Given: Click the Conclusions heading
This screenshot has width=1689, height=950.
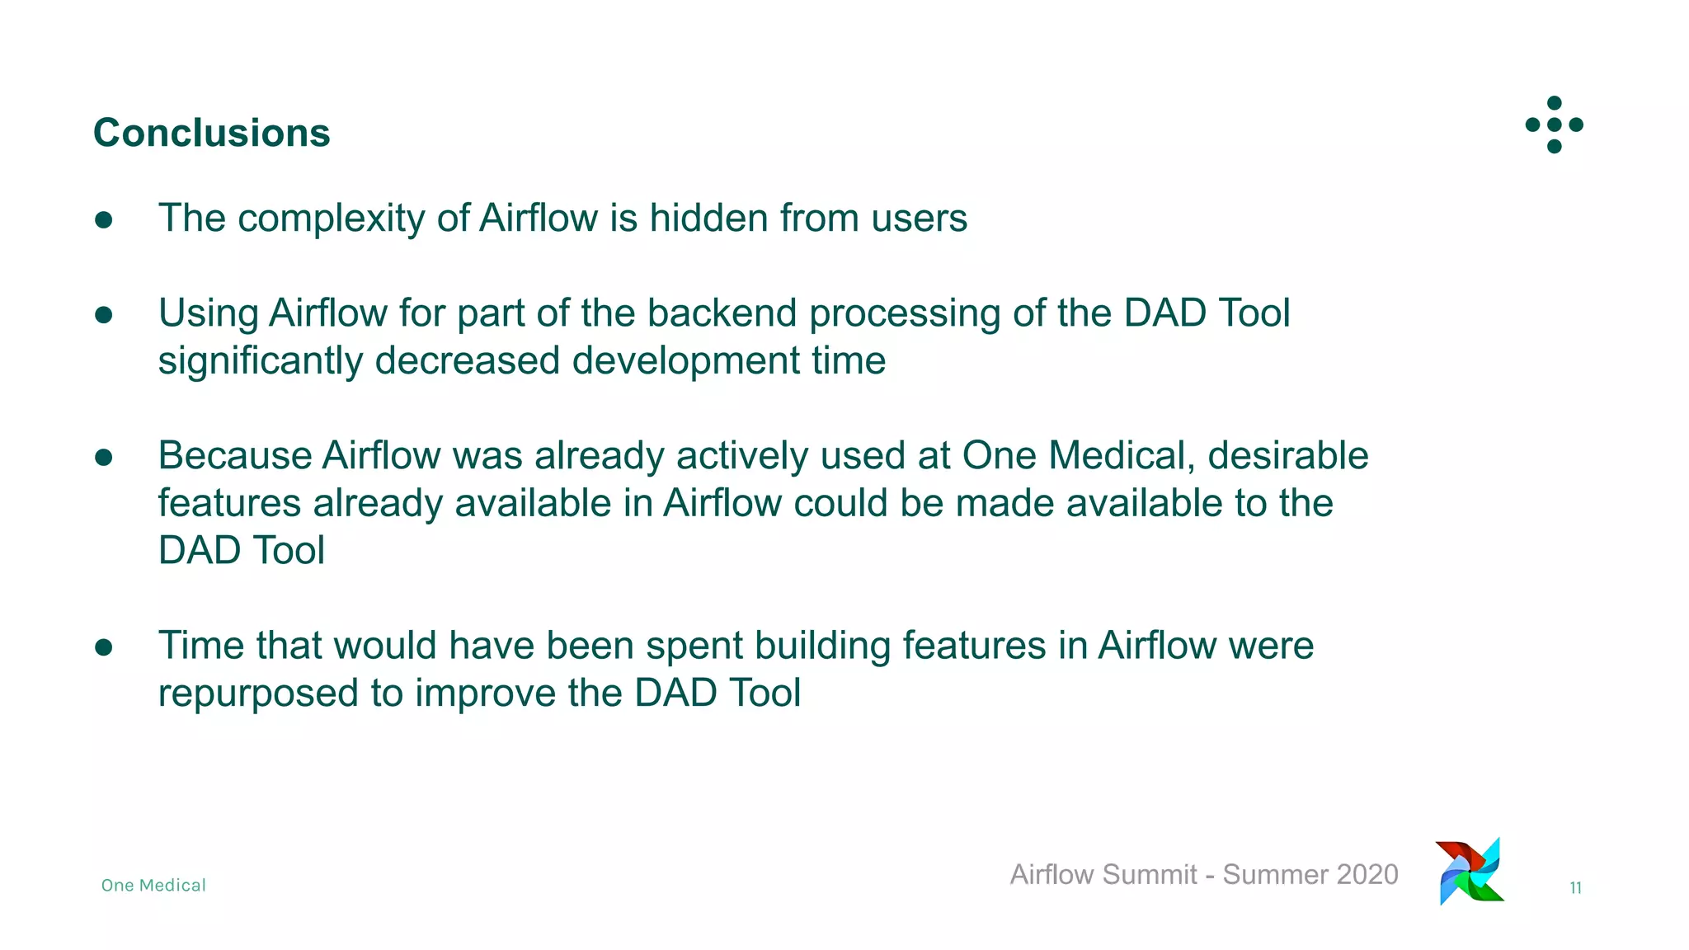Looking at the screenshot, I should pos(211,133).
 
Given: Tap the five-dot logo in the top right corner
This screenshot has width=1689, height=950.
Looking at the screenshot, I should pos(1554,125).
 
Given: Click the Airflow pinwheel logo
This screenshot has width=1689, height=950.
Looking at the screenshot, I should pos(1470,872).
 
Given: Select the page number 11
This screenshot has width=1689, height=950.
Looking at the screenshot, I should pos(1575,888).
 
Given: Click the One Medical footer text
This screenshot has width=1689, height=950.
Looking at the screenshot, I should pos(153,886).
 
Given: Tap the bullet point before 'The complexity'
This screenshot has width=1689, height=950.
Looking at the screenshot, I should pos(104,219).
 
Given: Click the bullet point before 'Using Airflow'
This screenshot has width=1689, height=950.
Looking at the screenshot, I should pos(104,315).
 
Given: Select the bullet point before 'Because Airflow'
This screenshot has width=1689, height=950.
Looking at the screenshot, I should pos(104,458).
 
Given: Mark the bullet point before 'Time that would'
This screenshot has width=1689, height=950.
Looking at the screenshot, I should pos(104,647).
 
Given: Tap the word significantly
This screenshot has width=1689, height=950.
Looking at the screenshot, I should pos(260,362).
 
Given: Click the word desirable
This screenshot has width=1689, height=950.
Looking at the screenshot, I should pos(1287,456).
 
